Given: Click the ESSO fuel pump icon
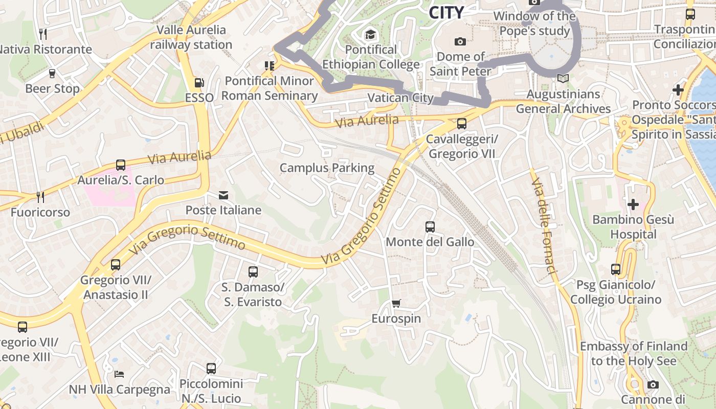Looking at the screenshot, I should [199, 83].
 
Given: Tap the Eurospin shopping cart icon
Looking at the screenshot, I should [396, 304].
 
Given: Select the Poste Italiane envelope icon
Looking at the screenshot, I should [223, 195].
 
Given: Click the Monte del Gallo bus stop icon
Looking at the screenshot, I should [430, 226].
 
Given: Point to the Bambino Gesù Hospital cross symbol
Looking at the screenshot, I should [633, 204].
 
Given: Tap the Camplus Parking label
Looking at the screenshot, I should [327, 168].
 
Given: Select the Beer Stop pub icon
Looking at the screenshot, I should [52, 73].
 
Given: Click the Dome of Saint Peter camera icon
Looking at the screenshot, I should [460, 41].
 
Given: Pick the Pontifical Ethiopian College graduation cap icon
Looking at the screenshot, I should [370, 35].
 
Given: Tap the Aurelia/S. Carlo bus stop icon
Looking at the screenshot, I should [121, 165].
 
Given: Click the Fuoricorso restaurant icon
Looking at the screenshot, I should [40, 197].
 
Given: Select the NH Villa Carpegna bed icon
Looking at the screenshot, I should [119, 374].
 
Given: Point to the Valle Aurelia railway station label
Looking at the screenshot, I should [191, 37].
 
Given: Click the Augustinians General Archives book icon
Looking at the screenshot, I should [563, 79].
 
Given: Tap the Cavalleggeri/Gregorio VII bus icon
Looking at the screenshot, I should [462, 123].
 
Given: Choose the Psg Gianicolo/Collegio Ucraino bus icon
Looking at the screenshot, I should [616, 269].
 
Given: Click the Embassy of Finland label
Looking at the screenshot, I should [633, 353].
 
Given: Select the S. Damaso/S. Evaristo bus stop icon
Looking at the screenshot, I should [253, 272].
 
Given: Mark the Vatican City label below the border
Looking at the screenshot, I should [400, 98].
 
